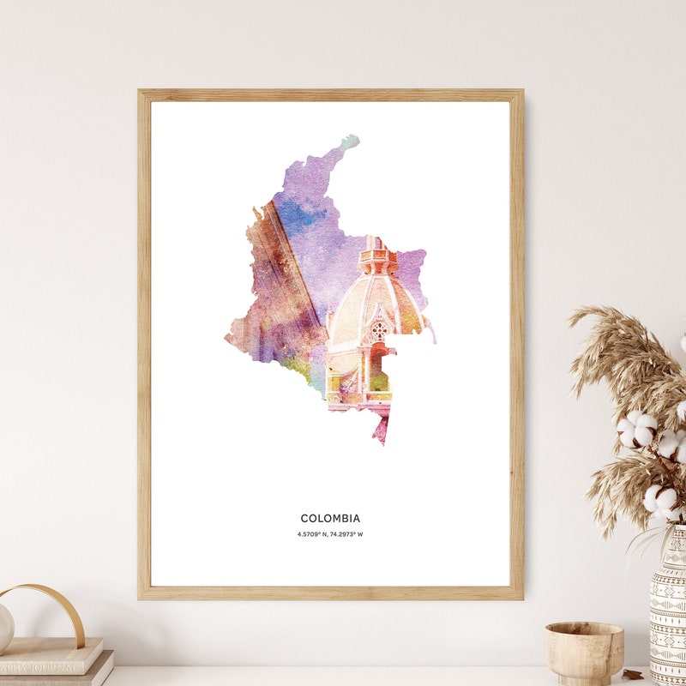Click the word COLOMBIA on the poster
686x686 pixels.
pyautogui.click(x=330, y=518)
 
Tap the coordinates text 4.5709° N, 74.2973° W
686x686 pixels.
pyautogui.click(x=330, y=534)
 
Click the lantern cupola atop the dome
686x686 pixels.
pyautogui.click(x=377, y=256)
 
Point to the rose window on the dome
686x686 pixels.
pyautogui.click(x=378, y=328)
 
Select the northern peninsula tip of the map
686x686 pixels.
pyautogui.click(x=350, y=140)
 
